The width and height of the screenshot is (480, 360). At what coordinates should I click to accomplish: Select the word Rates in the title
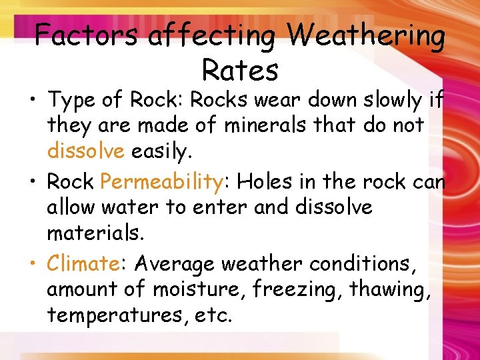pyautogui.click(x=240, y=70)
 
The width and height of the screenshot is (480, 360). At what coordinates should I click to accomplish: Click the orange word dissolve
pyautogui.click(x=85, y=151)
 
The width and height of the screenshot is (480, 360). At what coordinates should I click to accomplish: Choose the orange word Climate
pyautogui.click(x=82, y=263)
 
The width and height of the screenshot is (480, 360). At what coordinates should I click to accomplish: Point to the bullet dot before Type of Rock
pyautogui.click(x=33, y=101)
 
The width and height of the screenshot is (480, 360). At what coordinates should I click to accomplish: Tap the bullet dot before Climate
pyautogui.click(x=33, y=264)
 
